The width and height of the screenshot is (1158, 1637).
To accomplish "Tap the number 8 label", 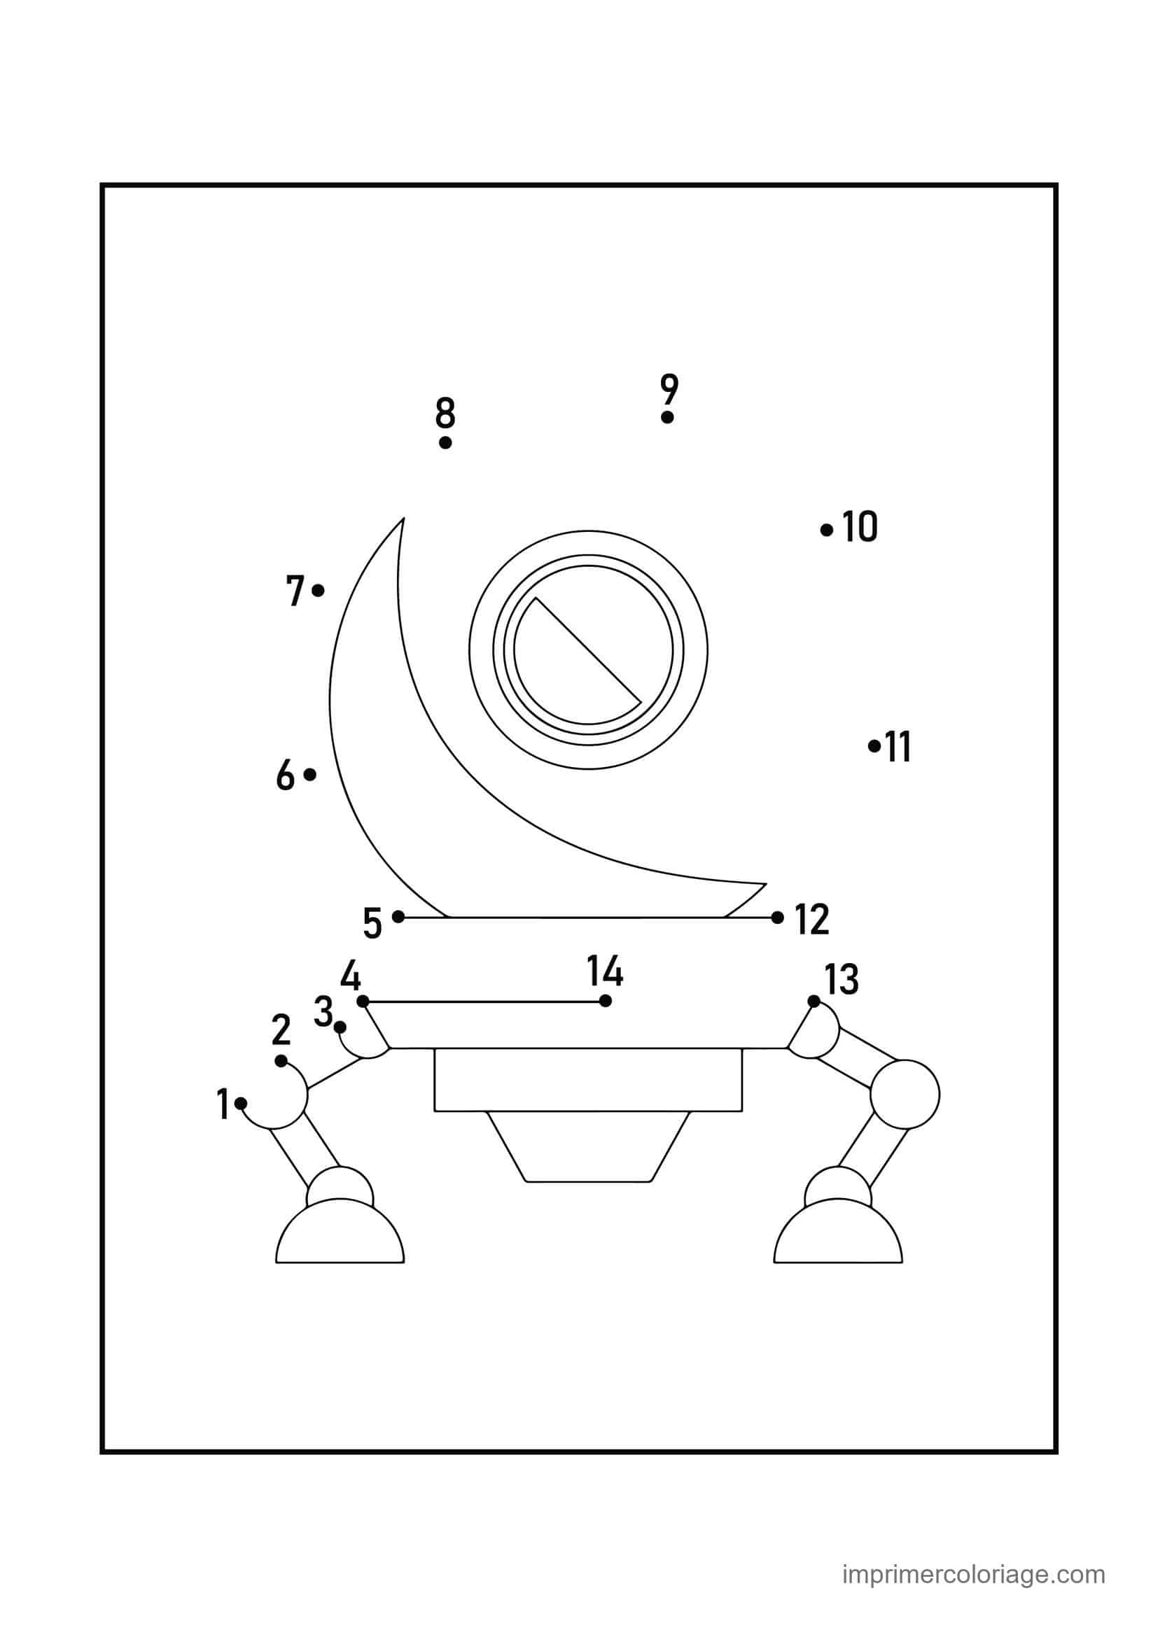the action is pos(445,414).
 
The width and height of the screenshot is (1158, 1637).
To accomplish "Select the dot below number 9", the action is pos(667,417).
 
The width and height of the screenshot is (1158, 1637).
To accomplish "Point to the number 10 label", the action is pos(860,527).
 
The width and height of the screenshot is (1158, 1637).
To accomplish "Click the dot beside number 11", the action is pos(874,746).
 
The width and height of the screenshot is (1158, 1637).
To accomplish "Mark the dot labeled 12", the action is pos(777,918).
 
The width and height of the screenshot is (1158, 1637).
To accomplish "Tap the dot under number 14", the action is pos(606,1001).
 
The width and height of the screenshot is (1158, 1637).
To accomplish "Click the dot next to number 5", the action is pos(398,917).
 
